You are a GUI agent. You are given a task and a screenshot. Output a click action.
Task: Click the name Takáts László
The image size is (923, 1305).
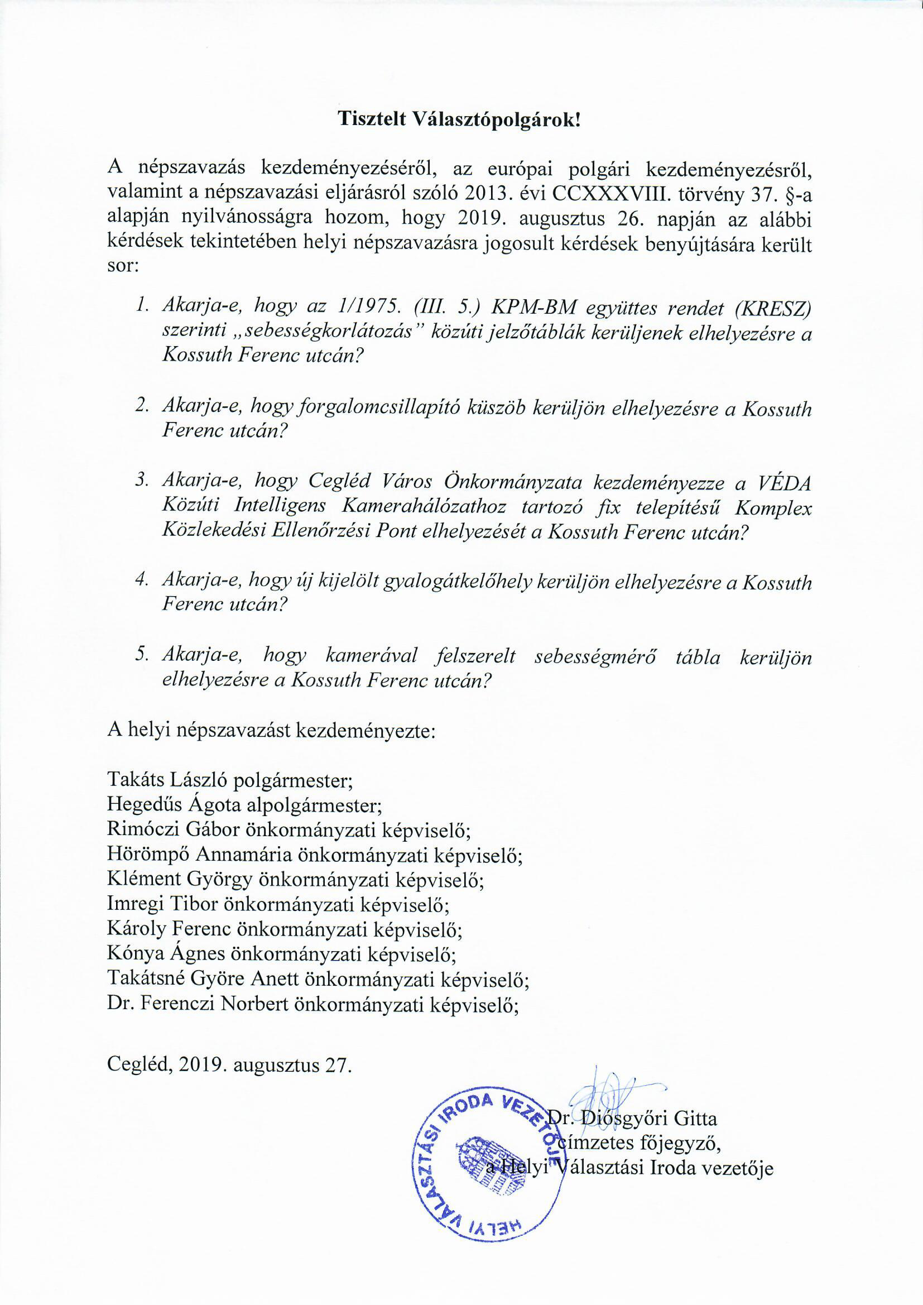point(166,780)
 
